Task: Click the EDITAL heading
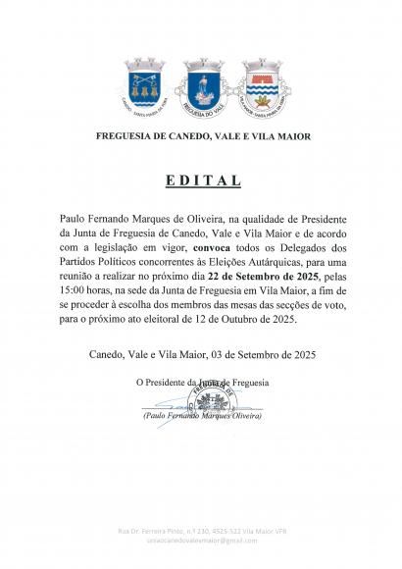tap(201, 181)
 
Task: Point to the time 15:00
tap(76, 292)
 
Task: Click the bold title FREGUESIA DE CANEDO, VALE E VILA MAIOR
tap(201, 136)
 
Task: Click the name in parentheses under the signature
tap(201, 417)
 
